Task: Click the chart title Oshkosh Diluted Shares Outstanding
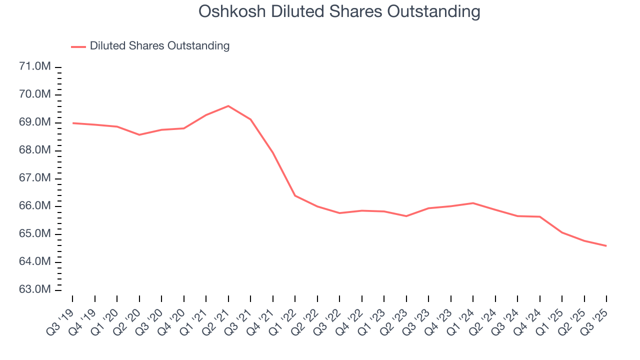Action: tap(339, 11)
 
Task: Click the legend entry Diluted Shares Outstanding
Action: tap(159, 46)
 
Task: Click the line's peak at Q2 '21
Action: tap(228, 106)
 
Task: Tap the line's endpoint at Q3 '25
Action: tap(606, 245)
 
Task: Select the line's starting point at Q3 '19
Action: tap(72, 123)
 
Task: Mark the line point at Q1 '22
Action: tap(295, 195)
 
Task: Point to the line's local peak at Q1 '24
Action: tap(473, 203)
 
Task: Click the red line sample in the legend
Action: tap(78, 46)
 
